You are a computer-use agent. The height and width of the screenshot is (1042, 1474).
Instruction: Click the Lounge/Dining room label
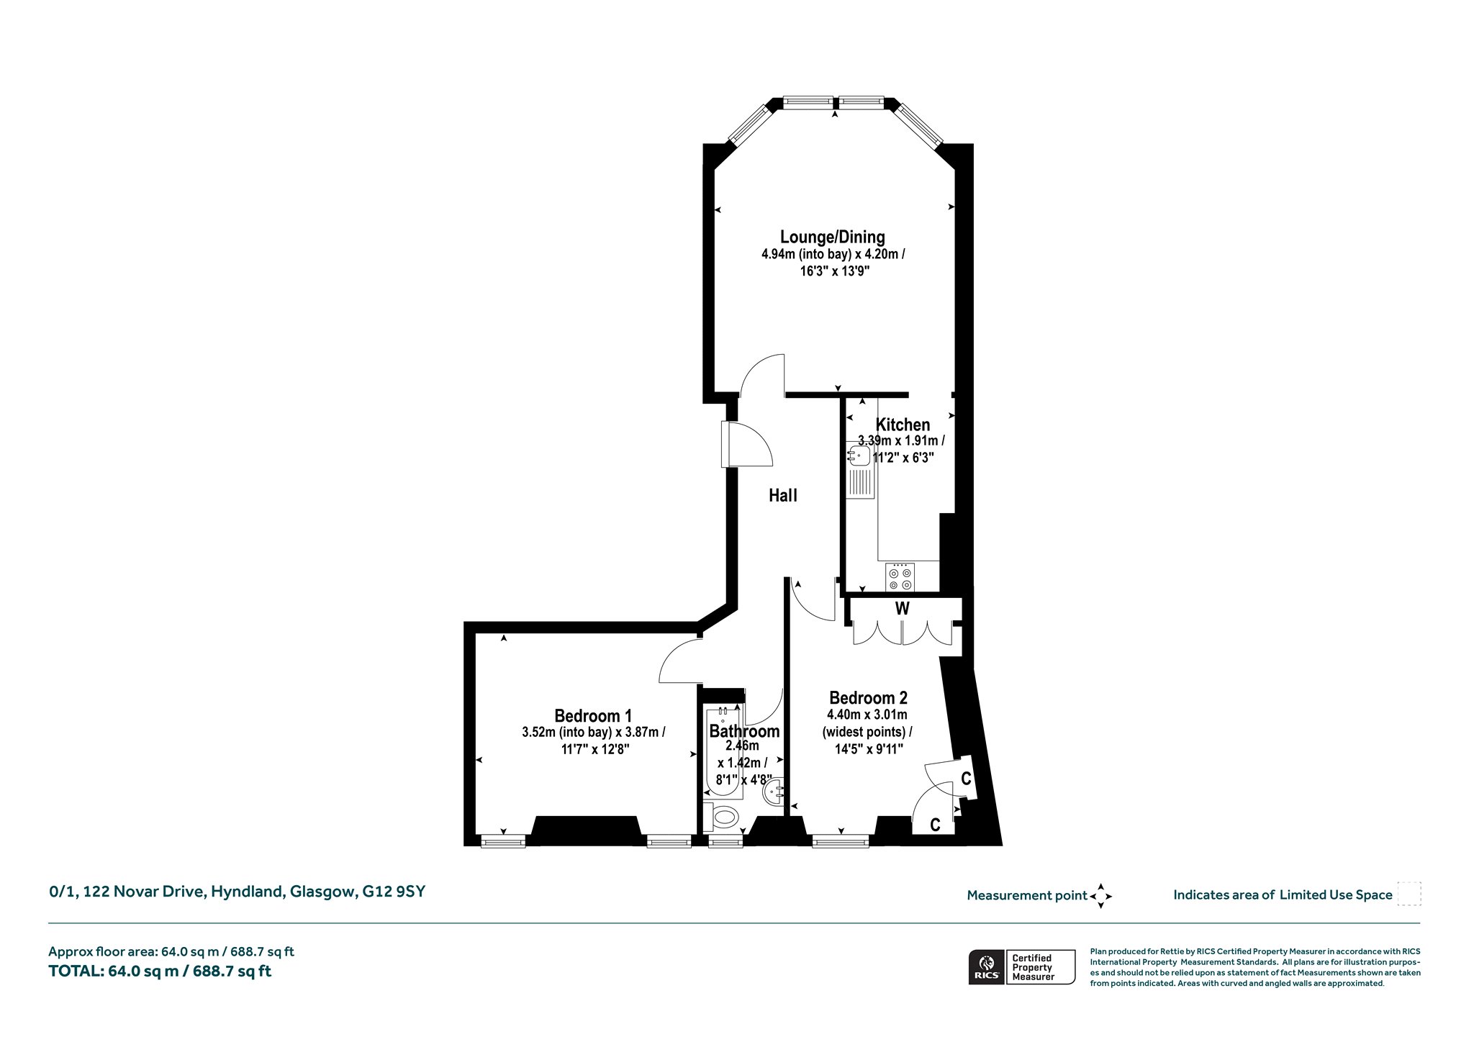[833, 237]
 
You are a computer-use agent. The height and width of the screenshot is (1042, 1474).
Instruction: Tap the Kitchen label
[903, 425]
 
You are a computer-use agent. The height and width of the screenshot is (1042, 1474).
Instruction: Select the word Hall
[783, 495]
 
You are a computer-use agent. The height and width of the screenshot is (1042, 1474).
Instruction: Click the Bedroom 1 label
[593, 716]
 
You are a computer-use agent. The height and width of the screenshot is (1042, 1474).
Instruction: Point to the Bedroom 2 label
[868, 697]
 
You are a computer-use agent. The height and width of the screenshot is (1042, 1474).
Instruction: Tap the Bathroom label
[744, 731]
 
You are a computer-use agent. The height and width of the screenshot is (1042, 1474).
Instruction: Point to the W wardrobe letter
[902, 609]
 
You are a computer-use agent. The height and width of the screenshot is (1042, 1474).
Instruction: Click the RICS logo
[985, 966]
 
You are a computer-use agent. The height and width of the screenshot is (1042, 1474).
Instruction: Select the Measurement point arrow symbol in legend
[1100, 896]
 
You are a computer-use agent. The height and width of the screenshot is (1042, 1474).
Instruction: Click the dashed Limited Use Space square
[1409, 894]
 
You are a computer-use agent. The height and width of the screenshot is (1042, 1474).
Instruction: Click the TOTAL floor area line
[160, 971]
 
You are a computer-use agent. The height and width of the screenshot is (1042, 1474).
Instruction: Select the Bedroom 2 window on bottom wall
[840, 840]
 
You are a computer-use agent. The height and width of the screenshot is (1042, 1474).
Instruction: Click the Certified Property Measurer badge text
[1033, 967]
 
